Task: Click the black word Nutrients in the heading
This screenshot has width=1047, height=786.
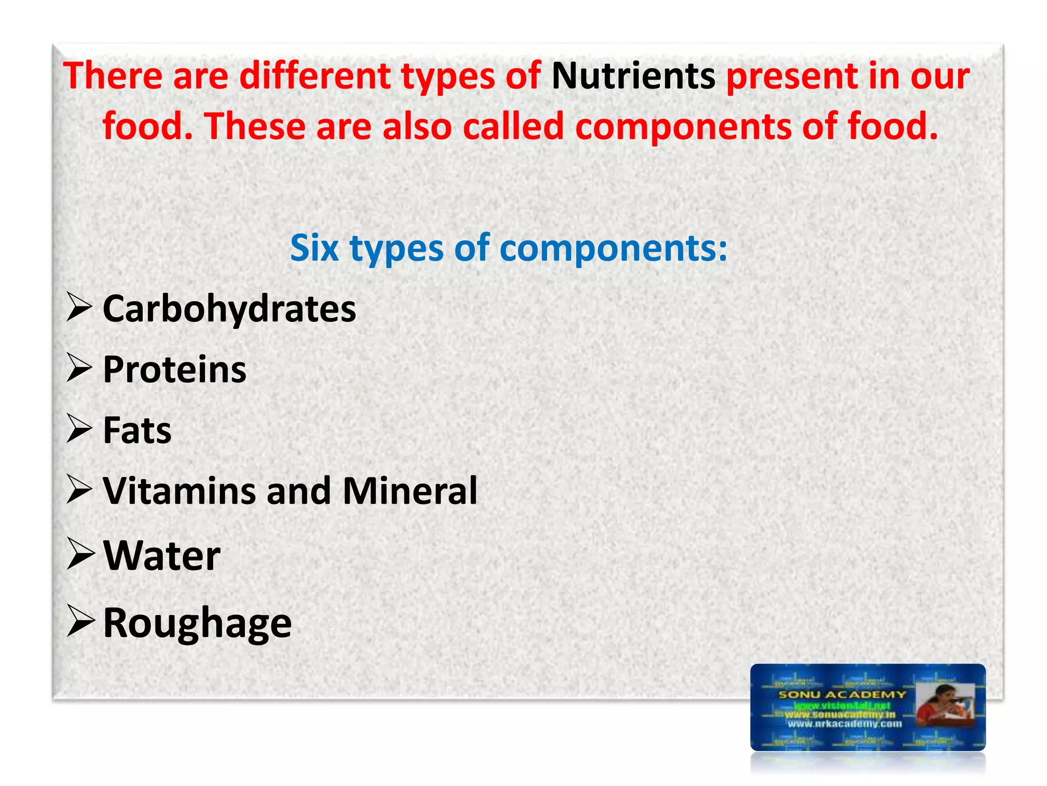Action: (x=633, y=77)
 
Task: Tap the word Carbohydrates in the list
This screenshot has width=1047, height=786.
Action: (x=229, y=310)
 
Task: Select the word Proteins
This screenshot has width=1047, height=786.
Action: (x=174, y=369)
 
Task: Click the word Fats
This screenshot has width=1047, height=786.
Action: (x=137, y=430)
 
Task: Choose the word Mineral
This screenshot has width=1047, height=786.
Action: (x=409, y=491)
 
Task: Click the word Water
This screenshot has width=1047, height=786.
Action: (x=162, y=556)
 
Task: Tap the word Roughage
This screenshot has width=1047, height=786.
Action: (x=197, y=623)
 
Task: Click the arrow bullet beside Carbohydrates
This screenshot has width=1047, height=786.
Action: (x=79, y=309)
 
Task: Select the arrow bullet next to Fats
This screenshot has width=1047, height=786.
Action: (x=79, y=429)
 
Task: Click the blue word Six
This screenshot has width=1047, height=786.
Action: (x=314, y=248)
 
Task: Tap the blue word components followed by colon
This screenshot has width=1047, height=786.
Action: (x=613, y=249)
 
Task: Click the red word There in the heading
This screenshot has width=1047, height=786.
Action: (x=113, y=77)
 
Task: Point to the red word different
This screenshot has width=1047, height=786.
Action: (x=315, y=77)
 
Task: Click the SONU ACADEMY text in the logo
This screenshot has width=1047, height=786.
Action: (x=841, y=694)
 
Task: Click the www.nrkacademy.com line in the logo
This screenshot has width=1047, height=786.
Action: (x=844, y=724)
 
